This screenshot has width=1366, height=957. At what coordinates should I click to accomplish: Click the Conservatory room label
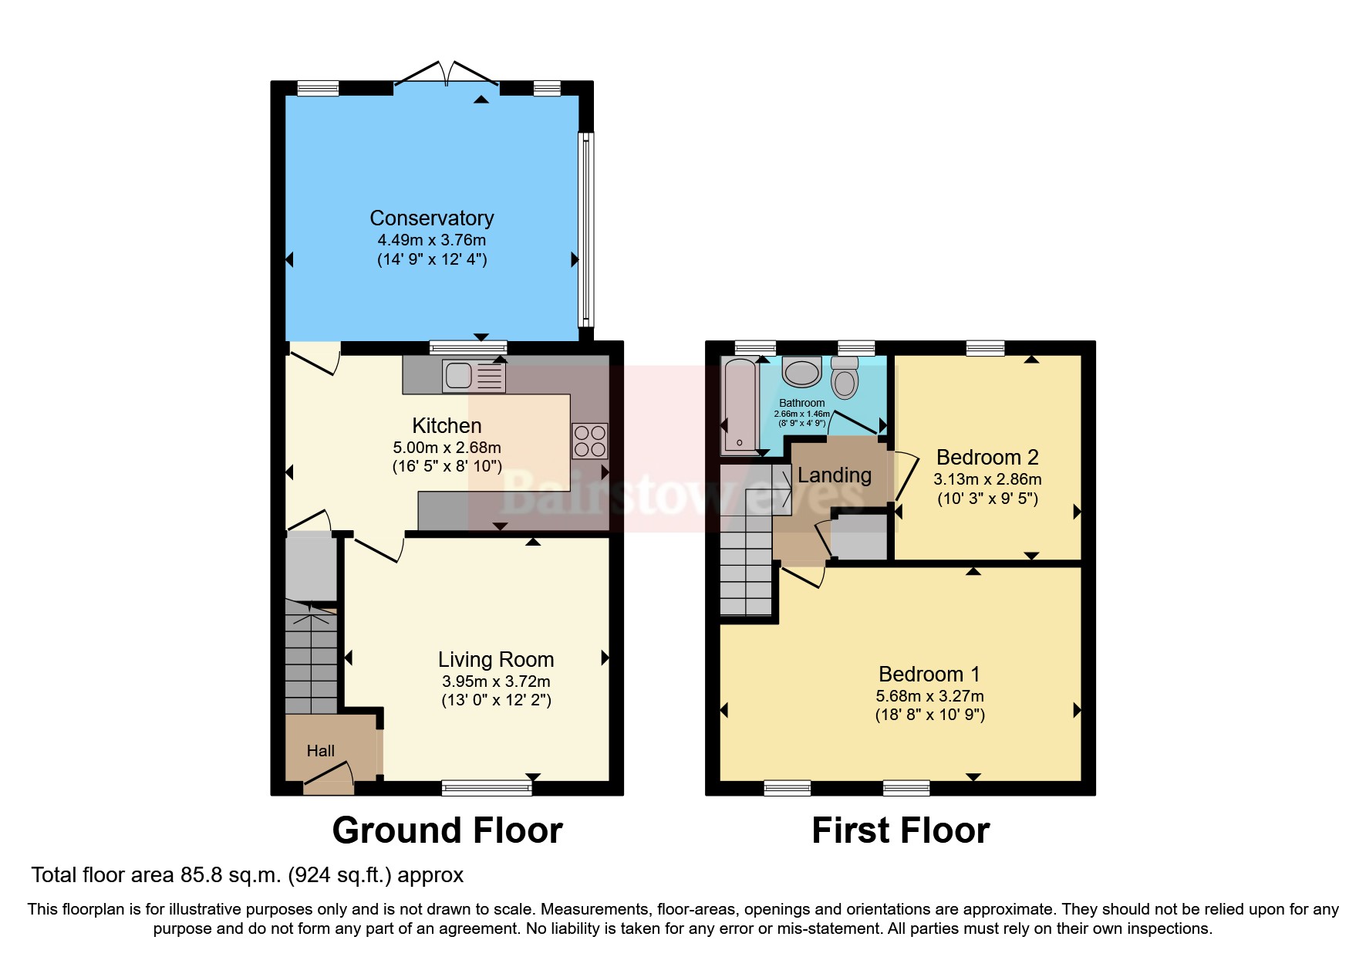coord(432,218)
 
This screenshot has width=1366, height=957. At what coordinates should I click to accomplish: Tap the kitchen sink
coord(474,376)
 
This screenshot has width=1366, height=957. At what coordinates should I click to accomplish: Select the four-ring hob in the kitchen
coord(589,441)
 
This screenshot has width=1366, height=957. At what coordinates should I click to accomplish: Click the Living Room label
coord(496,659)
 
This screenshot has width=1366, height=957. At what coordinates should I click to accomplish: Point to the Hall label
coord(321,750)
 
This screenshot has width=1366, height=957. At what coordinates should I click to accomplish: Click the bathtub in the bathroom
coord(740,405)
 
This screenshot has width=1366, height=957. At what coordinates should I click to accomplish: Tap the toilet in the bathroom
coord(845,377)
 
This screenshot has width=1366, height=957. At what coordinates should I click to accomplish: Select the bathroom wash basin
coord(802,371)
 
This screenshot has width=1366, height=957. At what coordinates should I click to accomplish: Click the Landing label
coord(835,475)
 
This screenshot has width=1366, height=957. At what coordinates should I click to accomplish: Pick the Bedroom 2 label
coord(987,457)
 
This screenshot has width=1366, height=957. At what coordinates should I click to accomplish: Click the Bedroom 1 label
coord(929,674)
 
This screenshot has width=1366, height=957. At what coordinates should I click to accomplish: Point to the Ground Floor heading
coord(447,830)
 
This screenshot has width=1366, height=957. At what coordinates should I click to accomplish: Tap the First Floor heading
coord(901,830)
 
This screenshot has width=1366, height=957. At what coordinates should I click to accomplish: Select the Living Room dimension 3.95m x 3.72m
coord(496,681)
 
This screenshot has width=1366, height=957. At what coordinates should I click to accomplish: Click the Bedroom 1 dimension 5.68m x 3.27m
coord(929,696)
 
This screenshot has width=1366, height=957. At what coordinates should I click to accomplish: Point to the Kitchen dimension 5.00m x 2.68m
coord(447,448)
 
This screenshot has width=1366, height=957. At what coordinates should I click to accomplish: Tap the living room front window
coord(487,787)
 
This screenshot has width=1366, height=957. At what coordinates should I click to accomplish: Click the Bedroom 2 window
coord(986,348)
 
